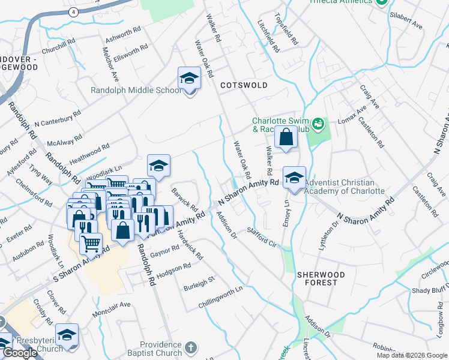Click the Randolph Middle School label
[135, 91]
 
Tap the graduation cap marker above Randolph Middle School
[188, 79]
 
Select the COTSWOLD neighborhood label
[244, 86]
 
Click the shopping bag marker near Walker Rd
[286, 137]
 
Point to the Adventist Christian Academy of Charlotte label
[344, 187]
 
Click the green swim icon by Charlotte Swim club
[318, 124]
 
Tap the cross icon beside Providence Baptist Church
[190, 347]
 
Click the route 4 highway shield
[73, 11]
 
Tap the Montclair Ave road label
[111, 309]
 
